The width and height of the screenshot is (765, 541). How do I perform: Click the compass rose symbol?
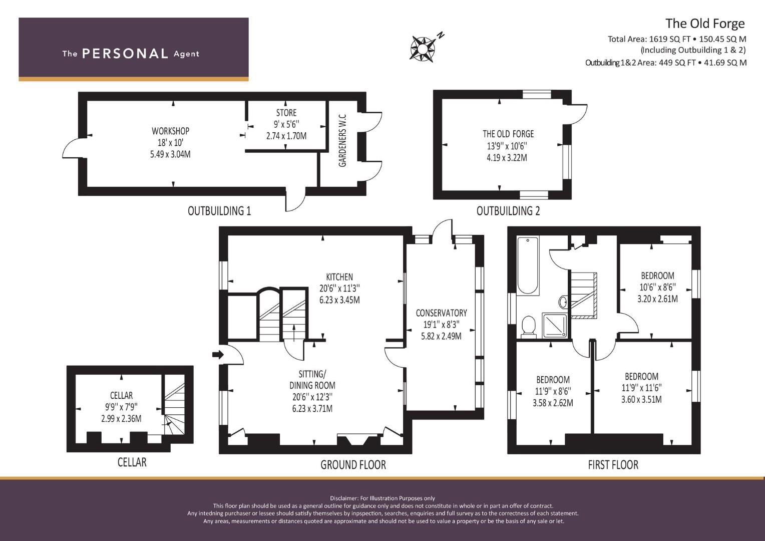coord(423,49)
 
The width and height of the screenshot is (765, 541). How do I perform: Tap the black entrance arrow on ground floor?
coord(218,354)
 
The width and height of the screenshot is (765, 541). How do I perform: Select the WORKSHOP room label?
coord(170,131)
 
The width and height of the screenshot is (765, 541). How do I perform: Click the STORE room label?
coord(286,113)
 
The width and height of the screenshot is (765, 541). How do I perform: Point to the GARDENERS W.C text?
coord(342,140)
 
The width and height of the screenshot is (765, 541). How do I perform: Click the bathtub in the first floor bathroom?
coord(528,265)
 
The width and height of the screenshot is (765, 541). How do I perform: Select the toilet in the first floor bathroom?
coord(528,327)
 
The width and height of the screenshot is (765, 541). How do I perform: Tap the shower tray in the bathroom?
coord(555,325)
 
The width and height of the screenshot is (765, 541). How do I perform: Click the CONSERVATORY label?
coord(441,313)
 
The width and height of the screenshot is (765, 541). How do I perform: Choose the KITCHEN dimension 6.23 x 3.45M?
coord(339,300)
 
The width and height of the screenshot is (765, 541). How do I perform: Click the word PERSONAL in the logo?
coord(125,54)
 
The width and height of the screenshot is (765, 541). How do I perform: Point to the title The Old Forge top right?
coord(705,24)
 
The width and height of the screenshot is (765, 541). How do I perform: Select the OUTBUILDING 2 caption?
coord(508,211)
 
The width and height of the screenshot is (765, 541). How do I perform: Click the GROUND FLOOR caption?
coord(353,465)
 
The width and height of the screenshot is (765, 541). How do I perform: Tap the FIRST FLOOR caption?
coord(613,465)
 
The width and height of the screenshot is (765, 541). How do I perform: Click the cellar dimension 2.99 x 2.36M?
coord(121,418)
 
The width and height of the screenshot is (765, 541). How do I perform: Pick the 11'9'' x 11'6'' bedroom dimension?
coord(641,388)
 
